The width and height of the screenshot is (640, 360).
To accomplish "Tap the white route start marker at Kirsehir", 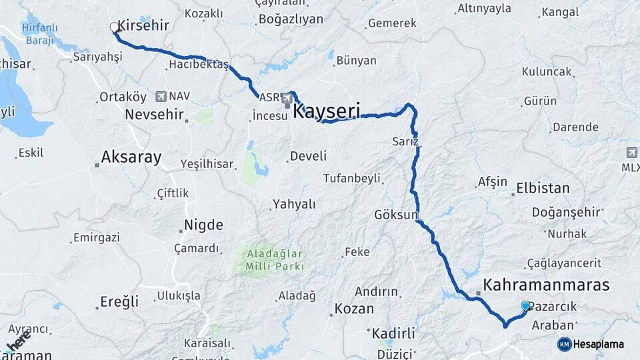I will click(114, 27).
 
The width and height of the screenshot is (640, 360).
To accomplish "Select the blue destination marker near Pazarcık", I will click(525, 306).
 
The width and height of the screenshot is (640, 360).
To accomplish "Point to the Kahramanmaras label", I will click(546, 285).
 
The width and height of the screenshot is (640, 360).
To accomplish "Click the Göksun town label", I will click(395, 215).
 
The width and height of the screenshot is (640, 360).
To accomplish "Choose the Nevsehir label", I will click(154, 115).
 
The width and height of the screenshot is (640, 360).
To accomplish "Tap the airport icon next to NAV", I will click(160, 97).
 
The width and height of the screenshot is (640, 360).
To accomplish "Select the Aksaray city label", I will click(131, 157).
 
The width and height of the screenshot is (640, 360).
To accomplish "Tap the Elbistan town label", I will click(543, 189).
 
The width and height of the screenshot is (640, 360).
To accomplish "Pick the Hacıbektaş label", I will click(198, 65).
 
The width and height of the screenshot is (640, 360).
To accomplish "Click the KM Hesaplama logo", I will click(591, 344).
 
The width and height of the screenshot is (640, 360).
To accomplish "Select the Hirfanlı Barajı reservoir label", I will click(39, 33).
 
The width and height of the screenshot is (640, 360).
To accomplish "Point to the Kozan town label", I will click(355, 309).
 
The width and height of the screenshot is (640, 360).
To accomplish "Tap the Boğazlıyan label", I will click(290, 19).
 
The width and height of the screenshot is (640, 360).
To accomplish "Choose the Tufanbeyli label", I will click(351, 178).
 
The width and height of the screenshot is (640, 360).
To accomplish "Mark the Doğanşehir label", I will click(566, 213).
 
